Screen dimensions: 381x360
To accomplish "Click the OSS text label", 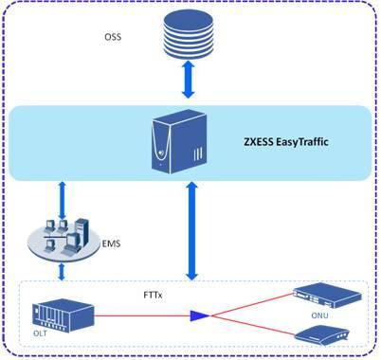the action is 113,37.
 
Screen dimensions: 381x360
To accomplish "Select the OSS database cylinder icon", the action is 189,33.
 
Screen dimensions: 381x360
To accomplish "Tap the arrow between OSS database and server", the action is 189,80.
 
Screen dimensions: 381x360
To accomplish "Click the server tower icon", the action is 179,141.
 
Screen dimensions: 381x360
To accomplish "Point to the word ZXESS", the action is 259,141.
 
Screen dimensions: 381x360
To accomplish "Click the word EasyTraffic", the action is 302,142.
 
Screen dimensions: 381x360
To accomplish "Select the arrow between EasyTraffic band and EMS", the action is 63,200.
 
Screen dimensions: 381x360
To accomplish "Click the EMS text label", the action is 111,243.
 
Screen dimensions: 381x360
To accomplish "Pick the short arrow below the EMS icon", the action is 62,272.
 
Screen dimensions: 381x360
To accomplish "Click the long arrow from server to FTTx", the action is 191,231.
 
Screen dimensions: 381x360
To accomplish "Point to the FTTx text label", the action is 153,296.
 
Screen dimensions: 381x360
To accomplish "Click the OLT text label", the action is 40,333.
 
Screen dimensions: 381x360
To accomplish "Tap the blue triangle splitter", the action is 200,315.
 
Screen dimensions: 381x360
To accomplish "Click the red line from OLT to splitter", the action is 142,315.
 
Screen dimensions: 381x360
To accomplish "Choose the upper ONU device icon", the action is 327,296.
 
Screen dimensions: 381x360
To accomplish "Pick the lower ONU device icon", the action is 322,338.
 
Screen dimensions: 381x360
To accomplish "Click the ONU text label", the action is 319,315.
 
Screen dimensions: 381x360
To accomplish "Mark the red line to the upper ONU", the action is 252,304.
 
